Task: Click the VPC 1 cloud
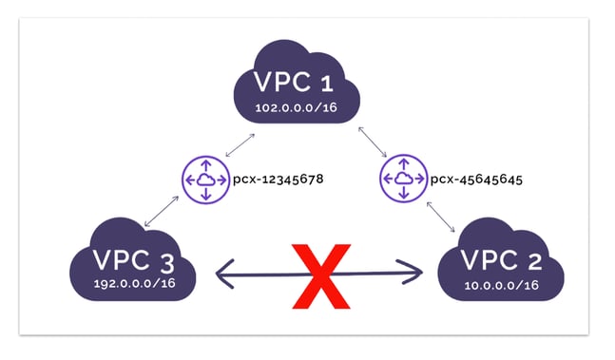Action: coord(300,85)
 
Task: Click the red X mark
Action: coord(319,275)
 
